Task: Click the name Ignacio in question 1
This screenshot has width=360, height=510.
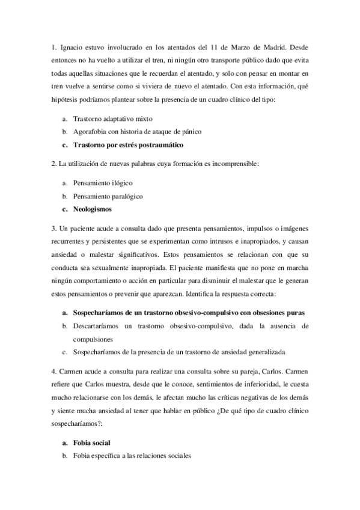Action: pyautogui.click(x=73, y=46)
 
